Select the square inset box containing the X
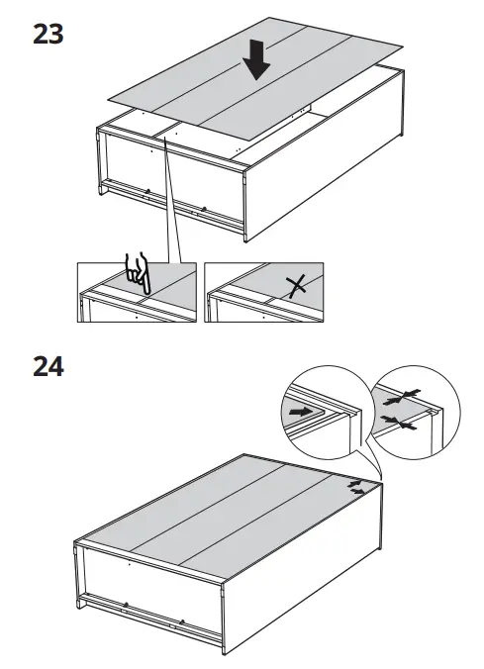point(265,292)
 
